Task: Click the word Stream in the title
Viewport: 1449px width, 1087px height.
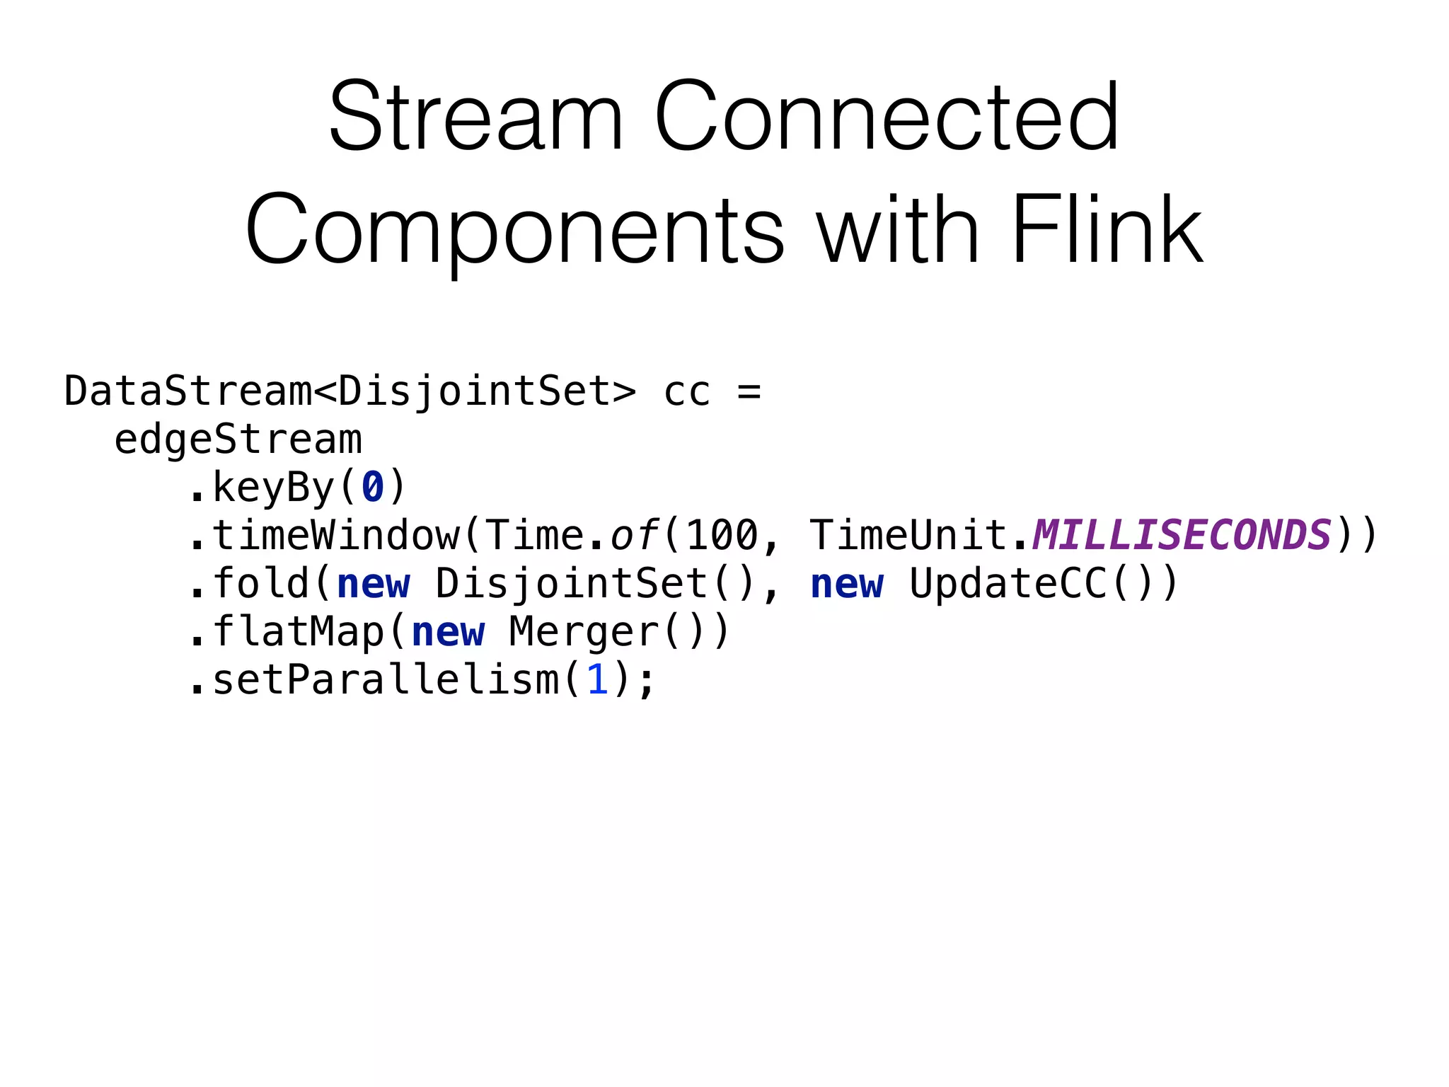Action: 475,117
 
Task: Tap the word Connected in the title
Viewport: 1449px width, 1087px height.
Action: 887,117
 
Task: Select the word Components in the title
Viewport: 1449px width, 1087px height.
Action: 514,230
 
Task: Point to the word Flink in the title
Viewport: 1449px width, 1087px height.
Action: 1107,230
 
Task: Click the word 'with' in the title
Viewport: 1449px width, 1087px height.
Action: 898,230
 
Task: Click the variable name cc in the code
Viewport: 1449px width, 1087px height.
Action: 686,391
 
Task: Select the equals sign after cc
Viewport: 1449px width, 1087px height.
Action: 749,391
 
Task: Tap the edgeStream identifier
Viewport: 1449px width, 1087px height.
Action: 238,439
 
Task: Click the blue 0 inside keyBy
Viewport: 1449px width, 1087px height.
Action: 373,488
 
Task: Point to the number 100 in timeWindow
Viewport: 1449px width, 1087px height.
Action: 722,535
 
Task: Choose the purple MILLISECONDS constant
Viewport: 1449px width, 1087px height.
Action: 1182,535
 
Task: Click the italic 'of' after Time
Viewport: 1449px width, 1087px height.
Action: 634,535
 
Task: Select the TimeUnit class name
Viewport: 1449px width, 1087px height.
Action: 909,535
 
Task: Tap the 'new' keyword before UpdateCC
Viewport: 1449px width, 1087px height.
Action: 846,584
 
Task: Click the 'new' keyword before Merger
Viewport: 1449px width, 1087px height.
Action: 448,632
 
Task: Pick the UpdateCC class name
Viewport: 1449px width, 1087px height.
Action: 1008,584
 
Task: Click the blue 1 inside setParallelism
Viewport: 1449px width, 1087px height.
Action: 597,680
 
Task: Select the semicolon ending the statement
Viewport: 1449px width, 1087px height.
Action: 646,681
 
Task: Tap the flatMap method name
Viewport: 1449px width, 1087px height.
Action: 298,632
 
